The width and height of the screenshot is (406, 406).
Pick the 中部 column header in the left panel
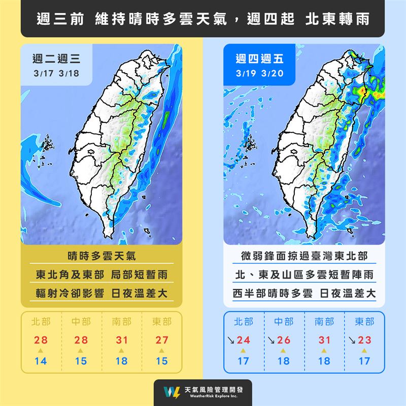point(82,321)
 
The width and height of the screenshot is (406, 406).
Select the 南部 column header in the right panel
point(324,321)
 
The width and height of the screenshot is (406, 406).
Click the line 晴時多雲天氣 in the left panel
point(101,255)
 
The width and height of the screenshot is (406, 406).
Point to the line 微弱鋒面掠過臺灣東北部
point(304,255)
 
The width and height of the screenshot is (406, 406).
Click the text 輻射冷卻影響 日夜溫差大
point(101,294)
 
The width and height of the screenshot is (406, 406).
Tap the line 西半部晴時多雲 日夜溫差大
point(304,294)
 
